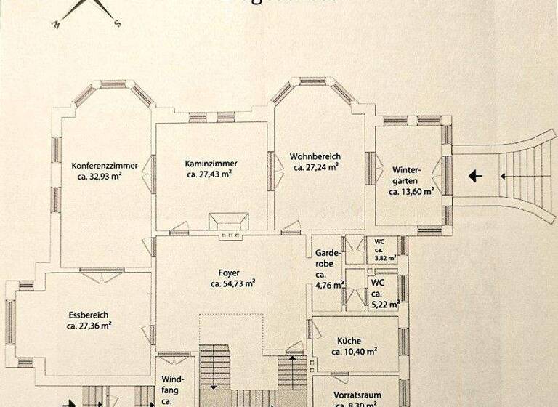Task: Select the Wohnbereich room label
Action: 315,156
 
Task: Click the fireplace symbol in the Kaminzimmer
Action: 229,222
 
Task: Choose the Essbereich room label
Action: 89,315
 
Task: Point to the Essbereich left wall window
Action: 10,321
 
